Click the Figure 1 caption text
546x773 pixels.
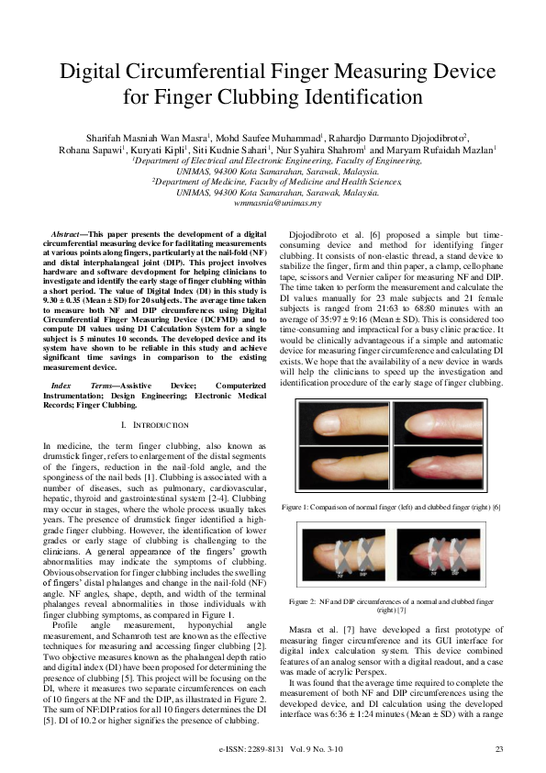pos(403,506)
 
